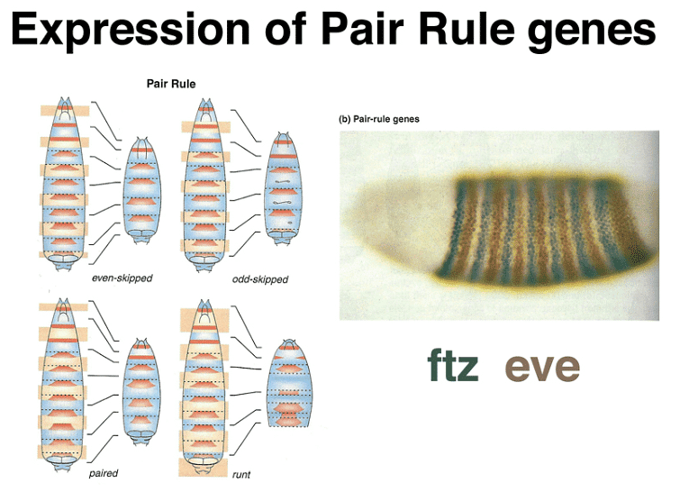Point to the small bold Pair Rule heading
pyautogui.click(x=171, y=85)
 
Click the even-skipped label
pyautogui.click(x=122, y=278)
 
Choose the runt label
pyautogui.click(x=240, y=474)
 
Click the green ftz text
pyautogui.click(x=453, y=368)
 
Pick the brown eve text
pyautogui.click(x=542, y=368)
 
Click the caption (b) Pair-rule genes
pyautogui.click(x=379, y=118)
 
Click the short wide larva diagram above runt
pyautogui.click(x=290, y=384)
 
